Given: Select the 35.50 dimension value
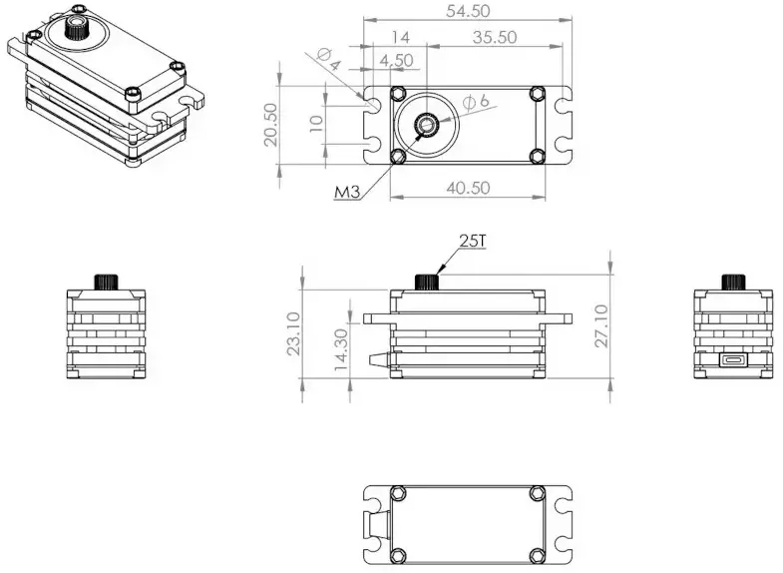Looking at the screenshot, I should [x=494, y=37].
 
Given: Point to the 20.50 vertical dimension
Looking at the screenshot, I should [x=270, y=125].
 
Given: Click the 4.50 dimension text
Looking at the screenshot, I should [x=396, y=60].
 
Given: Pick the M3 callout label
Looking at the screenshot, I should [x=346, y=192].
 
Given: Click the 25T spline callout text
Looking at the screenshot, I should [x=472, y=241].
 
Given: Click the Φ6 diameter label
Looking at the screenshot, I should [x=476, y=101].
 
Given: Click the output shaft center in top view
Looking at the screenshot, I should [x=426, y=125].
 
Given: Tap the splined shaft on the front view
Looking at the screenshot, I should [x=428, y=280].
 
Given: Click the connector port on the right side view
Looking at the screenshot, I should [x=733, y=360].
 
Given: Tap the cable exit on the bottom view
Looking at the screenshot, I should [x=376, y=524].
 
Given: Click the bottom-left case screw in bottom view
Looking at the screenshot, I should [x=399, y=554].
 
